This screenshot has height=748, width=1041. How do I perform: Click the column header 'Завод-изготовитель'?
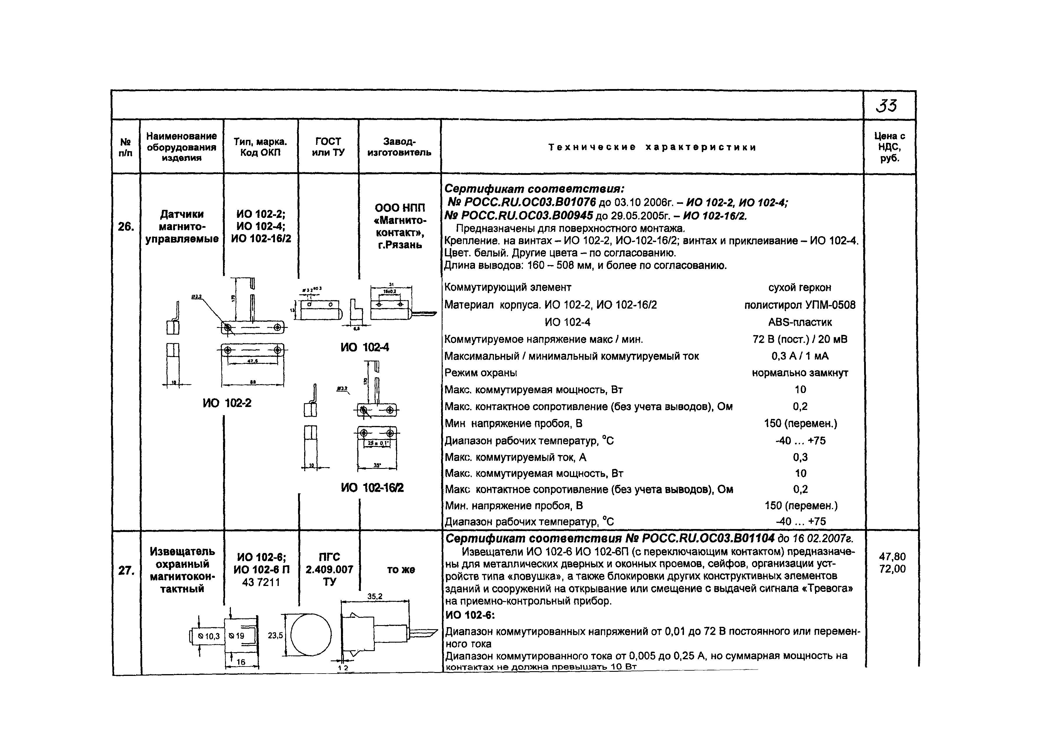399,147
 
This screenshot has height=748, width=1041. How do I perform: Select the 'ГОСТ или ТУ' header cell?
328,147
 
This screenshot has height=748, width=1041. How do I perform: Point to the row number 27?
126,570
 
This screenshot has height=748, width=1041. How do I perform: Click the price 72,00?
892,569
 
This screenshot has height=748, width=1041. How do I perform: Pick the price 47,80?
892,556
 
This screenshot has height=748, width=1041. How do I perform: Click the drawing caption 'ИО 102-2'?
227,403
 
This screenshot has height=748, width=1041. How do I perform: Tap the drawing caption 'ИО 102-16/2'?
372,487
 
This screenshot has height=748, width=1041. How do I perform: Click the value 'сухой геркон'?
800,288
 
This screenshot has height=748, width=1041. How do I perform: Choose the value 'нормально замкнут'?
800,373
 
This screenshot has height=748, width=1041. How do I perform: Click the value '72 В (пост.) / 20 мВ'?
800,339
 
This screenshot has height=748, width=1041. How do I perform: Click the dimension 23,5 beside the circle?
275,636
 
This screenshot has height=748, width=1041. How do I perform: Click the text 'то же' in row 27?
401,570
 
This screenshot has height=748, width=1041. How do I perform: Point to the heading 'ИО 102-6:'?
470,615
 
